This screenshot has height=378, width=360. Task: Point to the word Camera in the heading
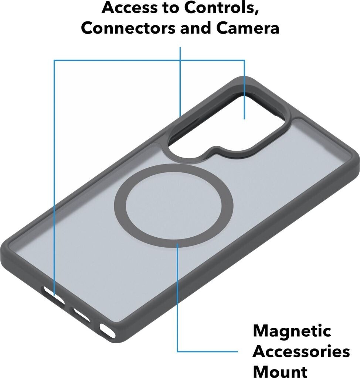pyautogui.click(x=248, y=28)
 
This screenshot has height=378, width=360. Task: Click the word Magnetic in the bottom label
pyautogui.click(x=292, y=330)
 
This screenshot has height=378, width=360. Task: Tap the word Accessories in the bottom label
pyautogui.click(x=301, y=351)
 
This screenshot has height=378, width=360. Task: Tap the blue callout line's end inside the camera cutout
pyautogui.click(x=244, y=118)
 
